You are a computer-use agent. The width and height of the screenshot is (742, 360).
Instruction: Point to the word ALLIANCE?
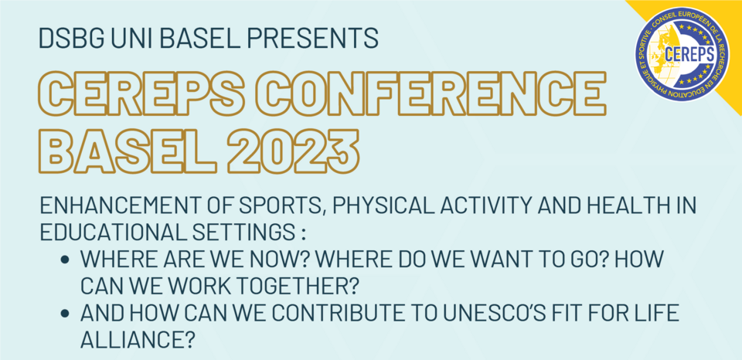[x=138, y=339]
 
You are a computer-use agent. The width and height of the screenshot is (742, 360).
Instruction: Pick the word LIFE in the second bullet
[x=656, y=314]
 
